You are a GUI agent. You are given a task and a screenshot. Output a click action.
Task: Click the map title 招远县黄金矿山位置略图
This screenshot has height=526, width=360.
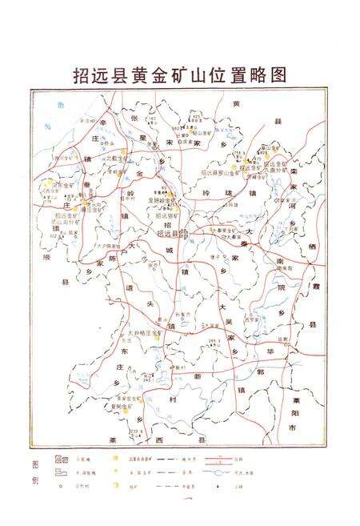tap(179, 74)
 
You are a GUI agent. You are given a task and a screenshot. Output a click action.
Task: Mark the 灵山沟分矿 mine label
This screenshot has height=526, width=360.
tap(64, 221)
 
